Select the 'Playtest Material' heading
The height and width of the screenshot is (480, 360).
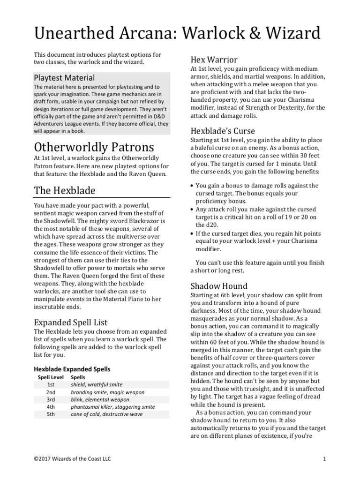click(64, 77)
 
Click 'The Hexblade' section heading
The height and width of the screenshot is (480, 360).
click(65, 190)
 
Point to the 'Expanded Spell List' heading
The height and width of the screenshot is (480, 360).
click(71, 322)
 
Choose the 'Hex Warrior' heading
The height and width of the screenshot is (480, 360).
click(214, 60)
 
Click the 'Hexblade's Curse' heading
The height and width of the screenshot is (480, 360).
click(222, 131)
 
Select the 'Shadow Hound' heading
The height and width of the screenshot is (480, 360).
click(219, 286)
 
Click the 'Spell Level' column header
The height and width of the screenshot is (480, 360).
click(50, 377)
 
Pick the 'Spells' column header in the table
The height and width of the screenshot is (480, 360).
click(78, 377)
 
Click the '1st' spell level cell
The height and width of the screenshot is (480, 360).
click(51, 384)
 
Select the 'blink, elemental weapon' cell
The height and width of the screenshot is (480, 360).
click(100, 399)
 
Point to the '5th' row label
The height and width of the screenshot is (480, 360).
click(51, 414)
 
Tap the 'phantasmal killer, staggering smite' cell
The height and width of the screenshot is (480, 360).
click(112, 407)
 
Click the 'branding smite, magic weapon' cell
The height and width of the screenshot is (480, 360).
click(107, 392)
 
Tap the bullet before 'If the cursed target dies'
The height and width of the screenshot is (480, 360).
click(192, 233)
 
